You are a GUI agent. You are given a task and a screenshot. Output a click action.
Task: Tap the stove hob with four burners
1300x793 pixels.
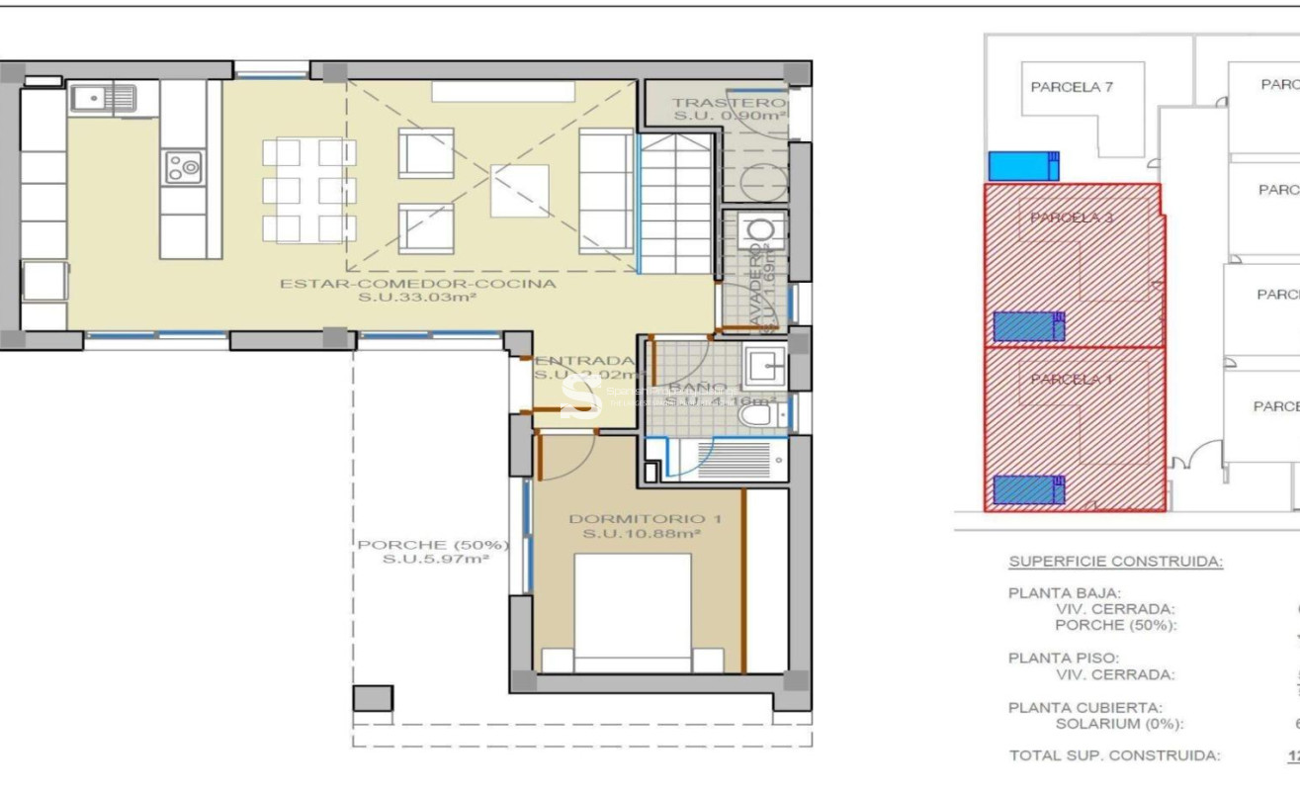tap(183, 166)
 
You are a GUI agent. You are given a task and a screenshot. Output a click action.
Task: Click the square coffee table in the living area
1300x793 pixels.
tap(519, 190)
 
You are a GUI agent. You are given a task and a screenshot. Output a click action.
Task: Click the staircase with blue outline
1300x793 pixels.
tap(675, 203)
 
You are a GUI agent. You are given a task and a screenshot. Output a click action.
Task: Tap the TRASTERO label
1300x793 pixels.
tap(729, 103)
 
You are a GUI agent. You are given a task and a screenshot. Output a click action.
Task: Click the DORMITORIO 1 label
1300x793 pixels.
tap(639, 519)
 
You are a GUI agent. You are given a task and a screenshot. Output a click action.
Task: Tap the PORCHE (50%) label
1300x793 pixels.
tap(433, 545)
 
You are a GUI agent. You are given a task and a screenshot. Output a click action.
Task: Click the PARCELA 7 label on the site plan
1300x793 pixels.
tap(1072, 87)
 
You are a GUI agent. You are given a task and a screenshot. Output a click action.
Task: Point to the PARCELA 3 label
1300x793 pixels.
tap(1072, 218)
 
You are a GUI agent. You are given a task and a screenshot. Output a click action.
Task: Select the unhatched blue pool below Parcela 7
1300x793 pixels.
tap(1023, 166)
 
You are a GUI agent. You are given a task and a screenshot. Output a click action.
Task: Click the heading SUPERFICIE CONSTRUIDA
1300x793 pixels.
tap(1115, 562)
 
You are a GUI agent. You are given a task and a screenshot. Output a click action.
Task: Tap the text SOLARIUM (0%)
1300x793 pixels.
tap(1119, 724)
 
